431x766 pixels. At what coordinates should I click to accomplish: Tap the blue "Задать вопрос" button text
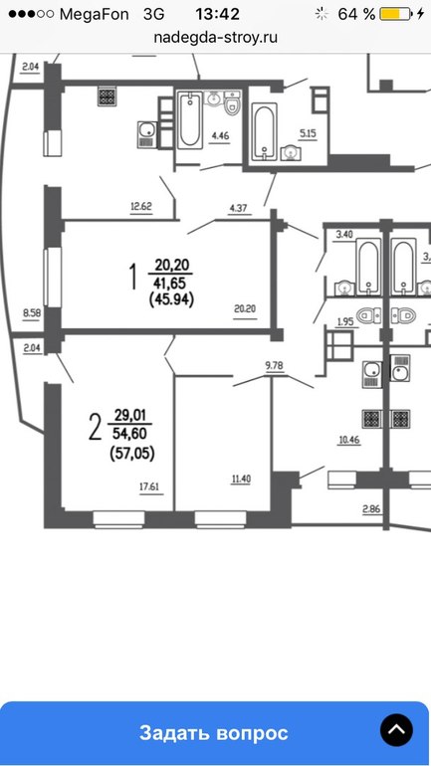pos(214,733)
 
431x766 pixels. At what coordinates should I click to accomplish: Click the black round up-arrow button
pos(396,730)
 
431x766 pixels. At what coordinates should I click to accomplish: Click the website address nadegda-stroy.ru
pos(215,38)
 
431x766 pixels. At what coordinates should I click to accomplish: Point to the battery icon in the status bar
pos(396,14)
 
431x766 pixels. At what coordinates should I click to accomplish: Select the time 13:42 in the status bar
pos(217,14)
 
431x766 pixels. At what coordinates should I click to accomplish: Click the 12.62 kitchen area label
pos(141,207)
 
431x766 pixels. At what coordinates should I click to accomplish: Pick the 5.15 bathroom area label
pos(308,134)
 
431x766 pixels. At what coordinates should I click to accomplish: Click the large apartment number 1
pos(132,278)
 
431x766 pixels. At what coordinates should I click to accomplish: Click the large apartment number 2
pos(95,426)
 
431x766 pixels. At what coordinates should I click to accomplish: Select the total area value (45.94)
pos(171,299)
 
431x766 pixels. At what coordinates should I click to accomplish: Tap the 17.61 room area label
pos(150,486)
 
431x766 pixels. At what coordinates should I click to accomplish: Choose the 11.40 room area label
pos(241,479)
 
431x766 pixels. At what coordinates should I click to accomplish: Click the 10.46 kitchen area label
pos(349,440)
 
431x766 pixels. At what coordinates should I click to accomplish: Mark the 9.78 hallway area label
pos(274,365)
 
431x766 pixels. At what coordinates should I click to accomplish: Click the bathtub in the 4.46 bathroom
pos(189,120)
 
